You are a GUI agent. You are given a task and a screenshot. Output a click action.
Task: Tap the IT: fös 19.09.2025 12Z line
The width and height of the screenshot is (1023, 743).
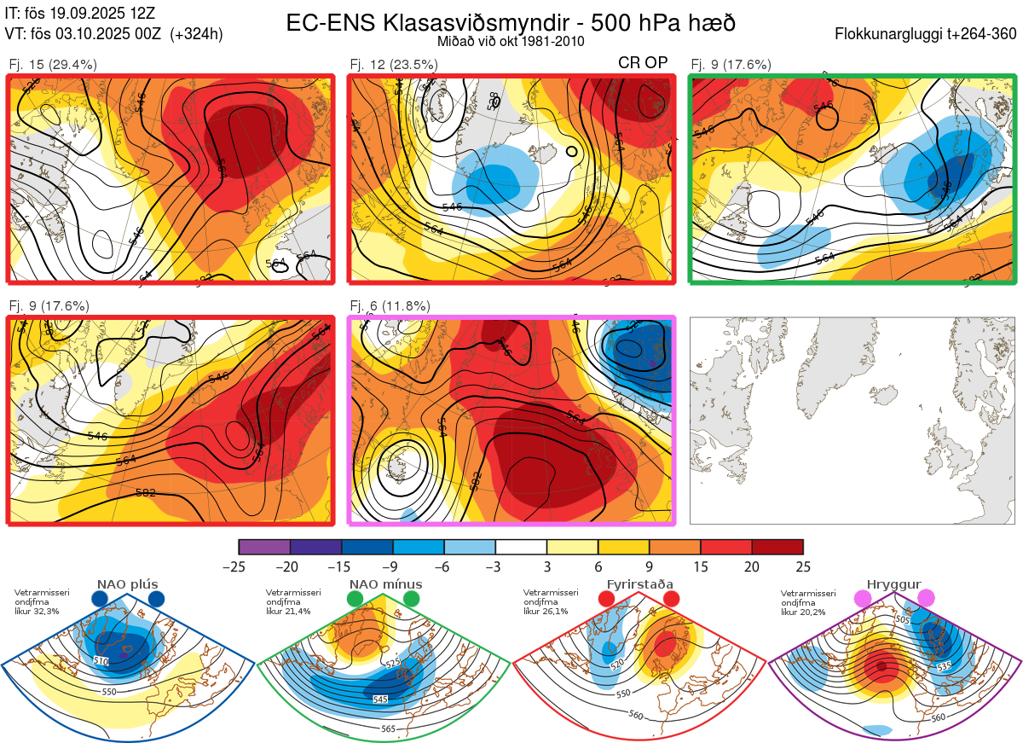click(x=80, y=14)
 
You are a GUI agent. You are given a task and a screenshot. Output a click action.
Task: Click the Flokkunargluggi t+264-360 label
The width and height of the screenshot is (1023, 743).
click(x=927, y=34)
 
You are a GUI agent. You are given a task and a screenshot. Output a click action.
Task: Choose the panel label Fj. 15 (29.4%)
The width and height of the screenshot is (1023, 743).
click(x=53, y=64)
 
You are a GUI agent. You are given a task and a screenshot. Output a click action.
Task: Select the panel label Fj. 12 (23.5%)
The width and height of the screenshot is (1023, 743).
click(x=394, y=64)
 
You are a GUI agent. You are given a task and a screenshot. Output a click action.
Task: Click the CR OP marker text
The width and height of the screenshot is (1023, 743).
click(x=643, y=63)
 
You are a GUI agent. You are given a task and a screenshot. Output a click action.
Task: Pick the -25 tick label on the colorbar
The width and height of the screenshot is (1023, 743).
click(x=239, y=567)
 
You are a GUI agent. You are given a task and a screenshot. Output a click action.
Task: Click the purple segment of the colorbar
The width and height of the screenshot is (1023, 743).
click(x=264, y=547)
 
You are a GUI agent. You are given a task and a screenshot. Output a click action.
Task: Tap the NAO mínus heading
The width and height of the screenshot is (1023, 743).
click(x=385, y=584)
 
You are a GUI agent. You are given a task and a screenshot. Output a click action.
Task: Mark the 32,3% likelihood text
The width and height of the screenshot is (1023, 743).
click(x=43, y=612)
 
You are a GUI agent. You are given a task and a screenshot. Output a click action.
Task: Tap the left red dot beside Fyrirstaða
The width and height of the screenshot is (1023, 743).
click(x=607, y=600)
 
